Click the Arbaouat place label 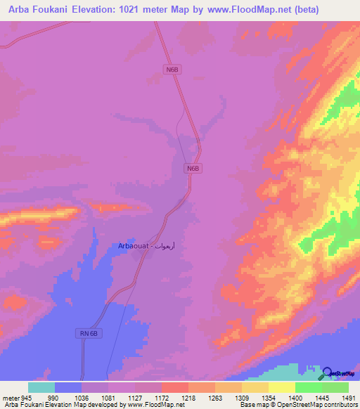pos(141,246)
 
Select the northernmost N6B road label pos(172,69)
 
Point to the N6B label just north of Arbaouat pos(194,169)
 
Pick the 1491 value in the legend pos(349,398)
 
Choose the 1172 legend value pos(162,398)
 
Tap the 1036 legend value pos(82,398)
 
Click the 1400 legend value pos(295,398)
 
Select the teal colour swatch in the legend pos(41,387)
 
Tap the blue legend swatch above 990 pos(68,387)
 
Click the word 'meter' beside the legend pos(10,398)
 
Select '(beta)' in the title pos(299,10)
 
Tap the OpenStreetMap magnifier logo pos(328,373)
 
